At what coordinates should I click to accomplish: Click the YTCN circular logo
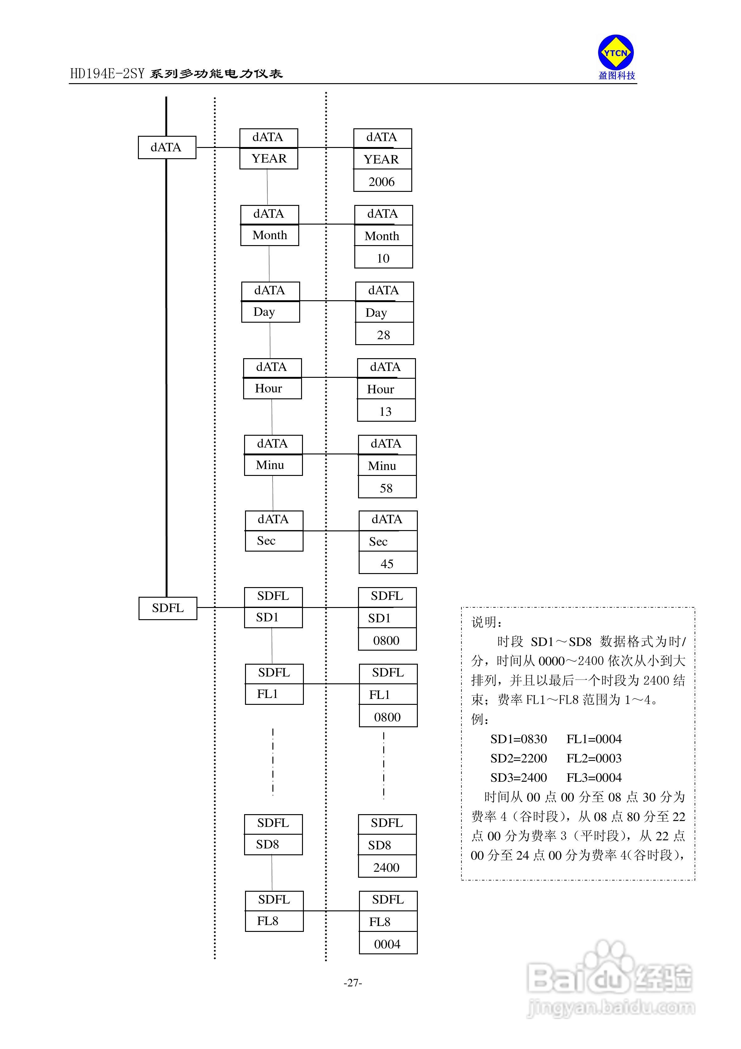pos(616,53)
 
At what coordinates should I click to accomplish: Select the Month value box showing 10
pos(383,258)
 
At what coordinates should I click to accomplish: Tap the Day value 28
pos(384,335)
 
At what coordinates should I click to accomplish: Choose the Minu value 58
pos(386,488)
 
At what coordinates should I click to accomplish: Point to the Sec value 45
pos(387,564)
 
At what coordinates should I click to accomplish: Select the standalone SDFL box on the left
pos(168,608)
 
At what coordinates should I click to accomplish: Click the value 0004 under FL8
pos(387,944)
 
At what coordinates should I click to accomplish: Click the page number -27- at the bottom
pos(353,982)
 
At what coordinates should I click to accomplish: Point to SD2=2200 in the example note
pos(518,758)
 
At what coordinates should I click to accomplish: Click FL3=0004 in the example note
pos(594,778)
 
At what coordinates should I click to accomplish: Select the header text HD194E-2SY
pos(107,74)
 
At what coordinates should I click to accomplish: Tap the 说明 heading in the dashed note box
pos(487,622)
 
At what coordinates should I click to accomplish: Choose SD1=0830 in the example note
pos(518,739)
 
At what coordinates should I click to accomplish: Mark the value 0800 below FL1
pos(387,717)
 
